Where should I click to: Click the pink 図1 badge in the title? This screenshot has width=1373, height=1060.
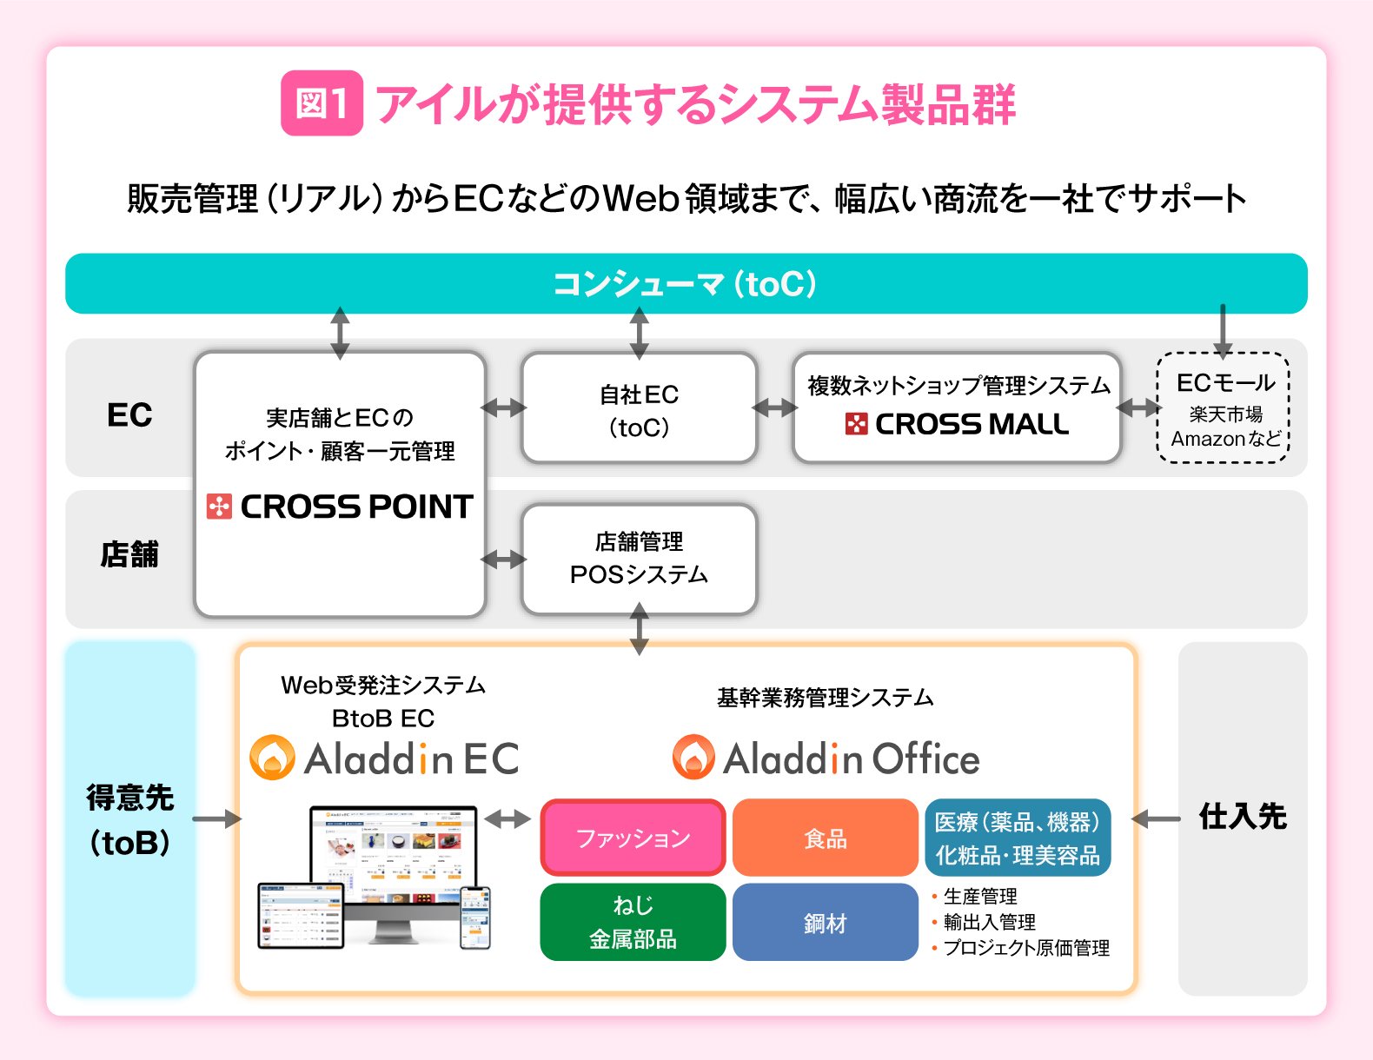point(322,103)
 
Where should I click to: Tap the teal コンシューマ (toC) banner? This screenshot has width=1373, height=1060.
point(686,283)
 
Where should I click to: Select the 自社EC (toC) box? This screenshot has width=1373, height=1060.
point(639,408)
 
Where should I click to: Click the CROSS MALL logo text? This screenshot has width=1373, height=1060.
point(972,424)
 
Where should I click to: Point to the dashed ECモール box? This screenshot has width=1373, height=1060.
point(1224,408)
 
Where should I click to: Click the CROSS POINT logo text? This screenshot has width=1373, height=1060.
point(356,507)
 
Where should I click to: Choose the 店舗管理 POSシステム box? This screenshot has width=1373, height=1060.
point(639,559)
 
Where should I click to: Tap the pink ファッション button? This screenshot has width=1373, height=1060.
point(633,838)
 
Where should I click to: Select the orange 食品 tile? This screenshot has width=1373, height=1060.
point(825,838)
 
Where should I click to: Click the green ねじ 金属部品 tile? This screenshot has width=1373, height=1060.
point(633,922)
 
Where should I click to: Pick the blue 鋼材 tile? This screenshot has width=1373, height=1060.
point(825,922)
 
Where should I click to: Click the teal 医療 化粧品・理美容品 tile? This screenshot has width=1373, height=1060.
point(1017,838)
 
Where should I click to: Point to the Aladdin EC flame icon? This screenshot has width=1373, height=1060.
point(272,758)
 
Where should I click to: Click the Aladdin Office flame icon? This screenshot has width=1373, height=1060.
point(693,758)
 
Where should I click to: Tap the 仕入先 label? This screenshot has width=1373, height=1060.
point(1243,817)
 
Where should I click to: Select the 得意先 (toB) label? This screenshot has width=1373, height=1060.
point(129,818)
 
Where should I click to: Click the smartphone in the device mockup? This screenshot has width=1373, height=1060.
point(474,917)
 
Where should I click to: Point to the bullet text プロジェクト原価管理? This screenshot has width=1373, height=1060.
point(1026,948)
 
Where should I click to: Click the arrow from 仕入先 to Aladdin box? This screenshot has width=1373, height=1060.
point(1157,818)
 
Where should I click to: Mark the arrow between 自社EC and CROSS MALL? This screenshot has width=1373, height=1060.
point(775,407)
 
